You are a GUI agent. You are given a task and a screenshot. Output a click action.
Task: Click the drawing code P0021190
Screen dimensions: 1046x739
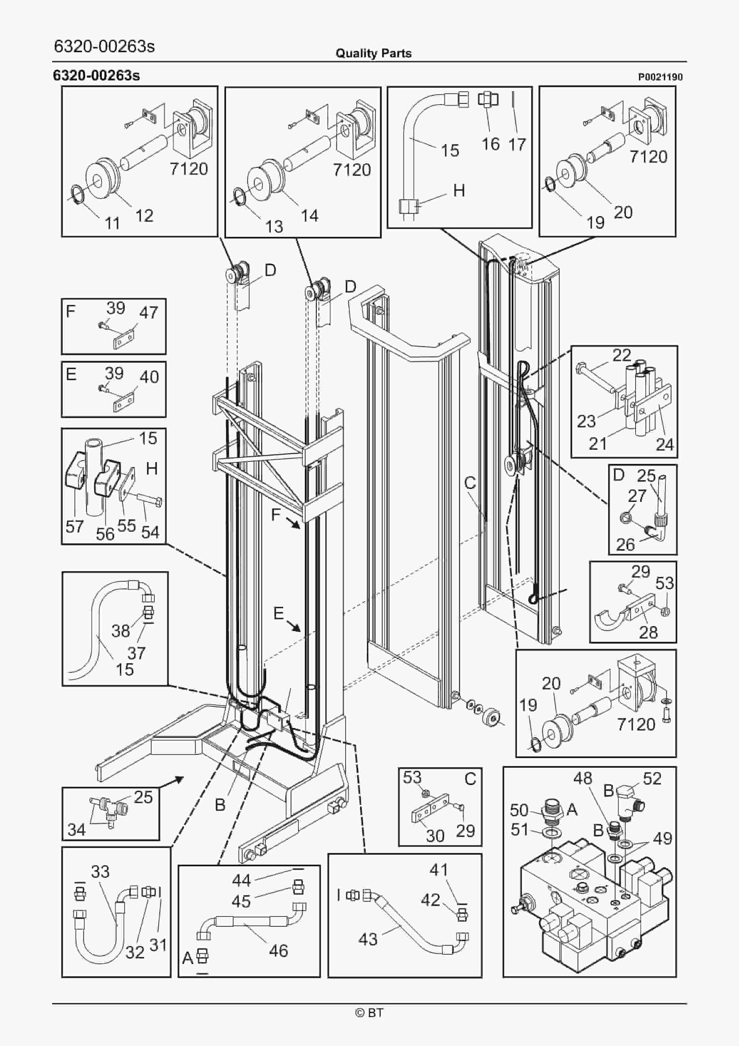tap(660, 77)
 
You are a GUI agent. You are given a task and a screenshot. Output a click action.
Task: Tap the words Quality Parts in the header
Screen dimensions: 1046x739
tap(373, 53)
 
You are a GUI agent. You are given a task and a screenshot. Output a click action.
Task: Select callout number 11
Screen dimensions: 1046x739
tap(112, 223)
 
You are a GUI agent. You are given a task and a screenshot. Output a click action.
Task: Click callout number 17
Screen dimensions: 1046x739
tap(517, 144)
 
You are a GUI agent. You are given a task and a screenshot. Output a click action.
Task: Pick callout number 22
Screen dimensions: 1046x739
tap(621, 355)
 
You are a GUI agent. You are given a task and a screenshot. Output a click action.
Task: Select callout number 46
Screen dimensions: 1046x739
tap(279, 950)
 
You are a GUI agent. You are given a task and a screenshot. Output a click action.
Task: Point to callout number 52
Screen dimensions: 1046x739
tap(652, 779)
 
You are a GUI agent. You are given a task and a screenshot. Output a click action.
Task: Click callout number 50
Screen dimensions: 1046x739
tap(519, 811)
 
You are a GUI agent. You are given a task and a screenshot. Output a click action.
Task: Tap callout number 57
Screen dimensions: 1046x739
tap(74, 527)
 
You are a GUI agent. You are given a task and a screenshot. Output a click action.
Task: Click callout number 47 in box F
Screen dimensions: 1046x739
tap(148, 312)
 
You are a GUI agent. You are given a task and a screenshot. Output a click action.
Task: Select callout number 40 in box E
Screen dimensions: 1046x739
tap(149, 377)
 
